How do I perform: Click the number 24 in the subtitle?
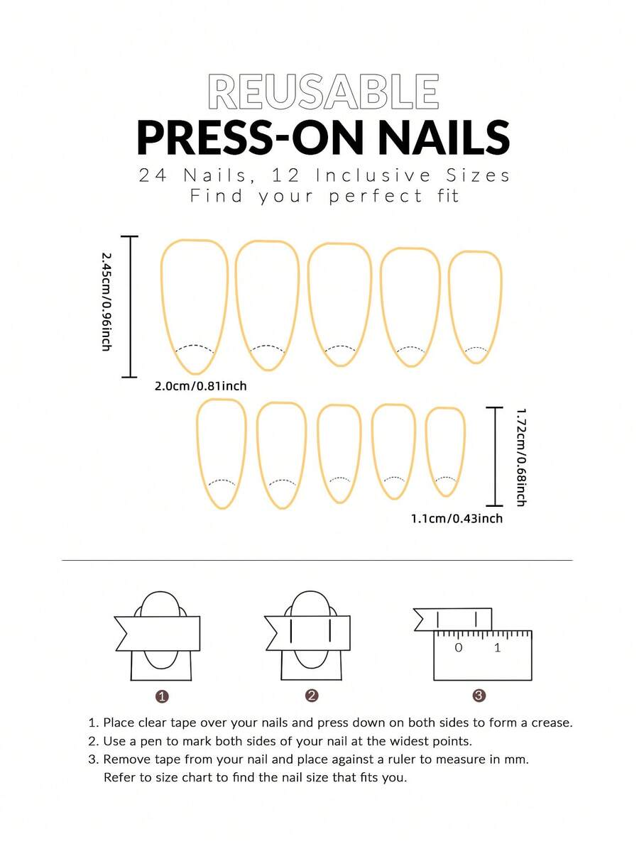tap(153, 175)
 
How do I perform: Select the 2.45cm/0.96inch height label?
tap(106, 301)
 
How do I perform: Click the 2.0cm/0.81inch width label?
tap(200, 386)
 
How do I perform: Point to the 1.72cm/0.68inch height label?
tap(520, 457)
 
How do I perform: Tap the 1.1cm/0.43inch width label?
tap(457, 518)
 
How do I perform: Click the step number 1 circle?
tap(162, 696)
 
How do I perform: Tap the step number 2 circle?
tap(311, 696)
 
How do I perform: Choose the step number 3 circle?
tap(479, 696)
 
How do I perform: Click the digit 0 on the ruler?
tap(459, 647)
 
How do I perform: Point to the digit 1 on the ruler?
tap(497, 647)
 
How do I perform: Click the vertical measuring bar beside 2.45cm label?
tap(130, 307)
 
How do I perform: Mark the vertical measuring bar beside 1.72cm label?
tap(495, 456)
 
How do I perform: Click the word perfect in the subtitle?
tap(376, 197)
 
